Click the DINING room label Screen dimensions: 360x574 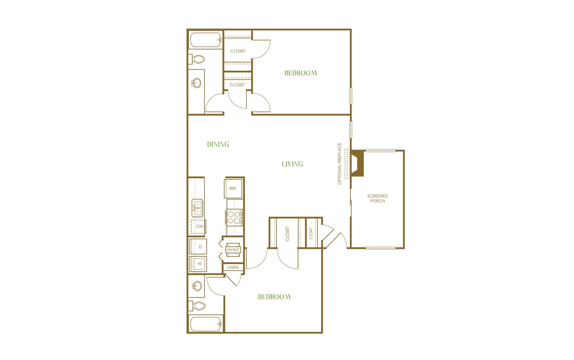[218, 144]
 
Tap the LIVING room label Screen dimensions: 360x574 [292, 164]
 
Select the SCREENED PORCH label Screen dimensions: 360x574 [378, 199]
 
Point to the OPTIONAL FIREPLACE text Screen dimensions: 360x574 [339, 164]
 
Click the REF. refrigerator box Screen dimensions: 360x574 [233, 188]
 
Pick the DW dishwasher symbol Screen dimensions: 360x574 [200, 226]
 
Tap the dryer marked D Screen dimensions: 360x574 [200, 247]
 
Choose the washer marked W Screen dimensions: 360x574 [200, 264]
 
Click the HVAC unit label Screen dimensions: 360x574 [233, 250]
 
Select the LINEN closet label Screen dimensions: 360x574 [233, 267]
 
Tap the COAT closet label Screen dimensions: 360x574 [311, 233]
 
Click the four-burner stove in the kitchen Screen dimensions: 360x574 [234, 217]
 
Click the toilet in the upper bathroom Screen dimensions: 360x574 [197, 59]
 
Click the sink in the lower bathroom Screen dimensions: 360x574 [197, 285]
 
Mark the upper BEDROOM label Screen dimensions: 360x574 [300, 73]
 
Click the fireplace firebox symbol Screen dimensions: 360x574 [357, 164]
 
